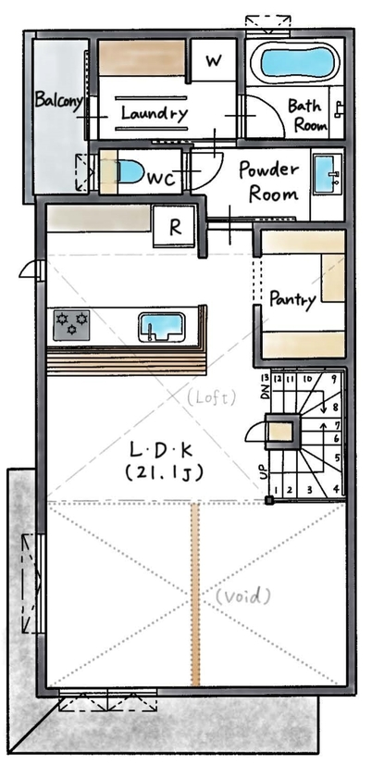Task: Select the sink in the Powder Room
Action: coord(326,173)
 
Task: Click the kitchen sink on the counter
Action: coord(163,327)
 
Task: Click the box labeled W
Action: coord(214,62)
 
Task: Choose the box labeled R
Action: coord(175,224)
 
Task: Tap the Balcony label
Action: coord(58,99)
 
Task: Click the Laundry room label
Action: coord(155,114)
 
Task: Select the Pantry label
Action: coord(292,299)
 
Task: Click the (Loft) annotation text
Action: coord(213,395)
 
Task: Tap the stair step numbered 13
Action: coord(266,379)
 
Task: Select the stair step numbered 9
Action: coord(332,379)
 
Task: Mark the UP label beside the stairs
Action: coord(263,470)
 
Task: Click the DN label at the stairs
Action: coord(264,394)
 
